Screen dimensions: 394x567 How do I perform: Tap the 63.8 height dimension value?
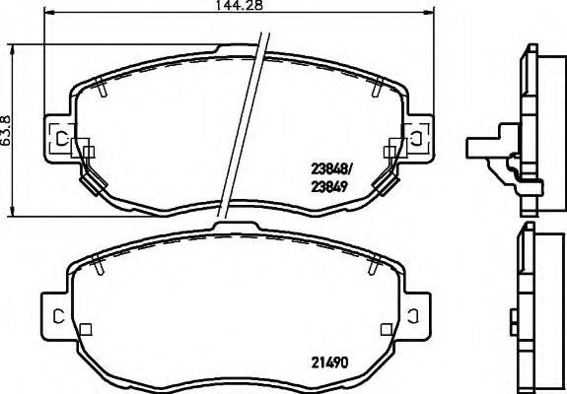click(8, 128)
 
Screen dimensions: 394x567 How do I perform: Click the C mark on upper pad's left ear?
click(62, 138)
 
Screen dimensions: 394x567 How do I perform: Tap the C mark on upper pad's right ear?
click(416, 138)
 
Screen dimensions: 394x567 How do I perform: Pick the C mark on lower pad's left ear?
click(58, 315)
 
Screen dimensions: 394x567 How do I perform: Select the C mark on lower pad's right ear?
click(416, 315)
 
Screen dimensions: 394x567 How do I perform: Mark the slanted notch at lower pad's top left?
click(99, 261)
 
